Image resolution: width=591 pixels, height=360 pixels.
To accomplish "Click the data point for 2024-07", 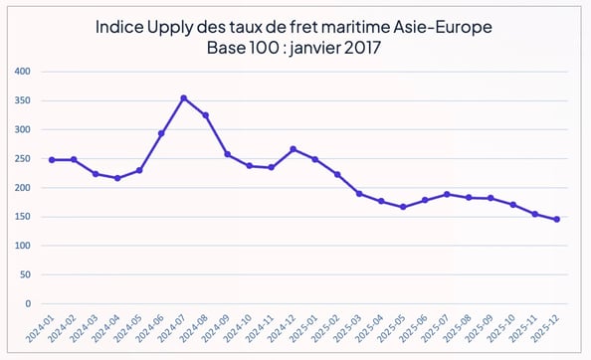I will pos(183,98).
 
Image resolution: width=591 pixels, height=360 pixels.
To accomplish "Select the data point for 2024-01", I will pos(52,159).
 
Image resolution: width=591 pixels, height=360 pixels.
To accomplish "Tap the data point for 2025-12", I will pos(556,219).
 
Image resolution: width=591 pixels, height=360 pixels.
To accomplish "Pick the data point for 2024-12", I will pos(293,149).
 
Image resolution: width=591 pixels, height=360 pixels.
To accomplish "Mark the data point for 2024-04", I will pos(117,178).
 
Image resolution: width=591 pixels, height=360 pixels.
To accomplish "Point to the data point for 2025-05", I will pos(403,207).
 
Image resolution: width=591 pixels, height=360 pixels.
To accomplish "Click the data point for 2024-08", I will pos(205,115).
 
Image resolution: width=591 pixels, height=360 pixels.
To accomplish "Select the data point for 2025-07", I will pos(447,194).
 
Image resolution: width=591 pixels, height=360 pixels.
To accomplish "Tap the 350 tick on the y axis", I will pos(22,100).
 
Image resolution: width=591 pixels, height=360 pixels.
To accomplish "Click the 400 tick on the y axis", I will pos(22,72).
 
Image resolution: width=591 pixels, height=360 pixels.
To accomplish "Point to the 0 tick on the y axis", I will pos(28,304).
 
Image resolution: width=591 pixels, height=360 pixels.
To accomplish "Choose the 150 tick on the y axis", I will pos(22,217).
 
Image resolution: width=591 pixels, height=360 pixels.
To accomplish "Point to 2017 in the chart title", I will pos(364,47).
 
